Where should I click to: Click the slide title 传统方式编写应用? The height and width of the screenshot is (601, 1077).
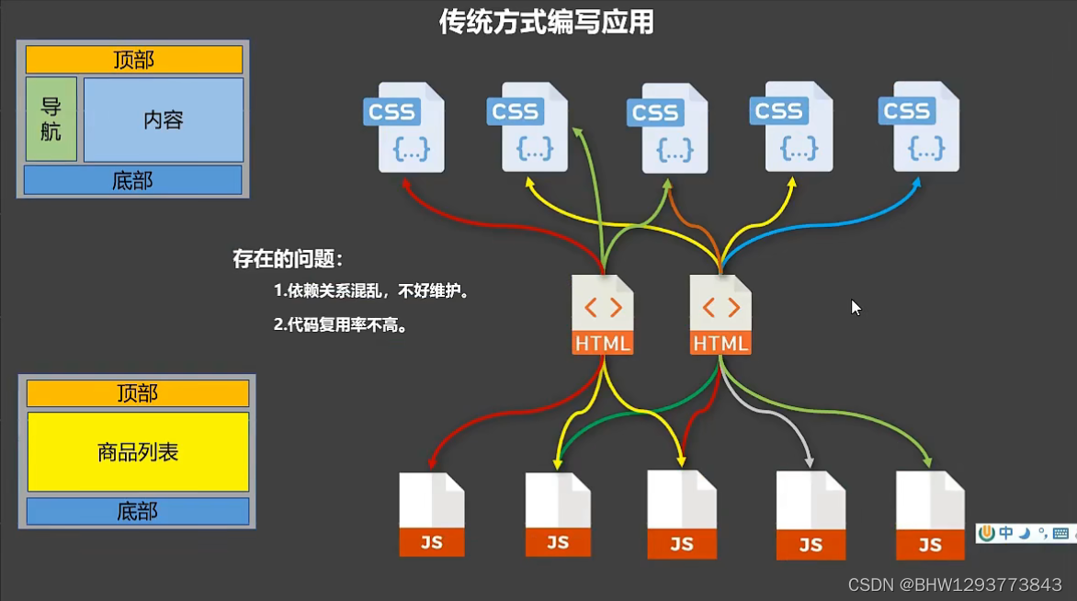pyautogui.click(x=546, y=21)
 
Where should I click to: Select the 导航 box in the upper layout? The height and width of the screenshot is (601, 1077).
pyautogui.click(x=51, y=119)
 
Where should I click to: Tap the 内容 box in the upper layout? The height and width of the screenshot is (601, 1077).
pyautogui.click(x=164, y=119)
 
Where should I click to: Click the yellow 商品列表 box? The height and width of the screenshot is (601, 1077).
pyautogui.click(x=138, y=452)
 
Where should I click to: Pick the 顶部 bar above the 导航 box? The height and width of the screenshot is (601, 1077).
pyautogui.click(x=134, y=60)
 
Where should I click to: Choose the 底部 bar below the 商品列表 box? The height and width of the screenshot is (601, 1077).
pyautogui.click(x=138, y=511)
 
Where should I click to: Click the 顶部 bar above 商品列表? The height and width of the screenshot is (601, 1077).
pyautogui.click(x=138, y=393)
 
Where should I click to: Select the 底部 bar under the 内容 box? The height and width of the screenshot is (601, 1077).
pyautogui.click(x=133, y=180)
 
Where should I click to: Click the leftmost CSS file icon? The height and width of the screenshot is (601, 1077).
pyautogui.click(x=404, y=128)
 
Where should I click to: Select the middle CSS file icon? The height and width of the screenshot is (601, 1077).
pyautogui.click(x=668, y=129)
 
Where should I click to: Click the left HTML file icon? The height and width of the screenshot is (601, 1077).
pyautogui.click(x=603, y=314)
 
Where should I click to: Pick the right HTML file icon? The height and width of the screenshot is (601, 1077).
pyautogui.click(x=720, y=314)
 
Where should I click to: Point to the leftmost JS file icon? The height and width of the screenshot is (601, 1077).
pyautogui.click(x=431, y=515)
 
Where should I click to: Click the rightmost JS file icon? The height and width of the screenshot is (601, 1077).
pyautogui.click(x=930, y=515)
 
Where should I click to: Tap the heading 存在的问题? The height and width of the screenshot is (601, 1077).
pyautogui.click(x=288, y=259)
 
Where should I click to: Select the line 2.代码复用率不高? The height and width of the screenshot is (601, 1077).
pyautogui.click(x=341, y=324)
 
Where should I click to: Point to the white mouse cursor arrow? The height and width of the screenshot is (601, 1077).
pyautogui.click(x=856, y=307)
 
